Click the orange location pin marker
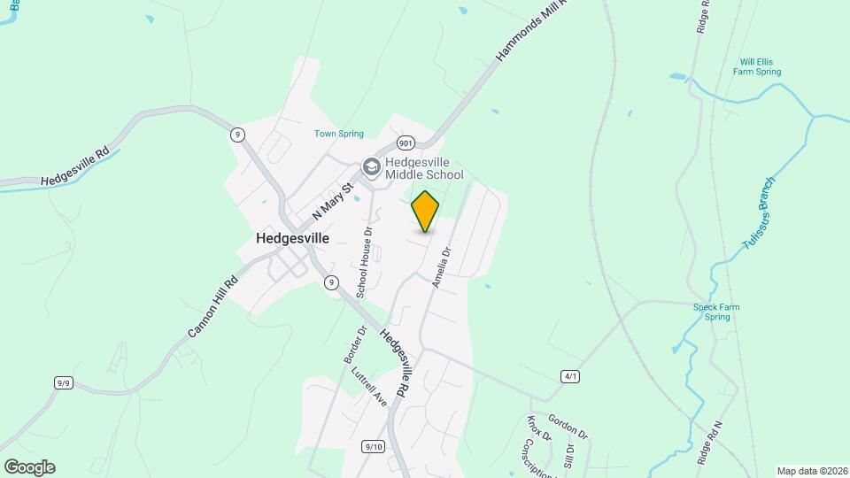point(425,211)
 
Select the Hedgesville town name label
point(292,238)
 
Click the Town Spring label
point(339,134)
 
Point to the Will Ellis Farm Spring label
point(761,66)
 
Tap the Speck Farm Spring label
point(717,312)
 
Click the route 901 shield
point(406,143)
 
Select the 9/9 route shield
point(63,382)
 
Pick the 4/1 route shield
point(570,376)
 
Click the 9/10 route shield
point(374,446)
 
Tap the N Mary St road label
point(333,202)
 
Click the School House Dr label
point(364,260)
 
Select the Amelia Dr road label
point(441,266)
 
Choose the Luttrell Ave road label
point(368,387)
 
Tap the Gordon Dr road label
point(567,426)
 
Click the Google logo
point(29,466)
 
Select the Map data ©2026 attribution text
point(810,470)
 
